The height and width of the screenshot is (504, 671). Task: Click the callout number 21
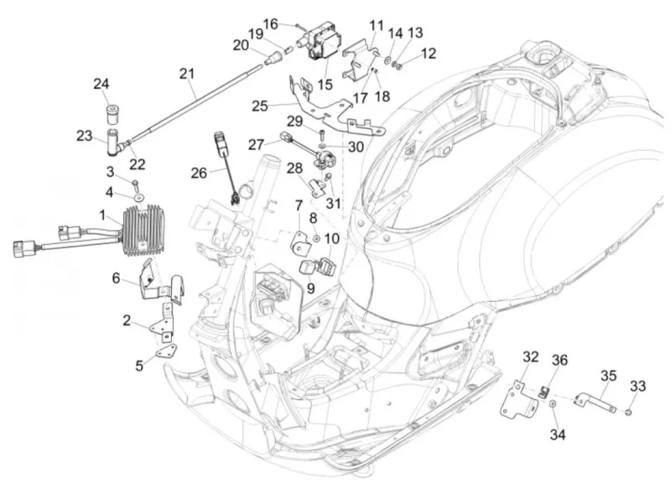(186, 74)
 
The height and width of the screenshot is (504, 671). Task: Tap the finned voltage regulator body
(143, 230)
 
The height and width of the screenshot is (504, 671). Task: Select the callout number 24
(101, 84)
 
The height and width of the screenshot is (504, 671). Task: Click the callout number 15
(325, 85)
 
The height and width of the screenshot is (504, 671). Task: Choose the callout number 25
(260, 106)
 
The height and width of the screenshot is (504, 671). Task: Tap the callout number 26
(199, 173)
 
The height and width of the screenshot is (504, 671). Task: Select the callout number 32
(531, 356)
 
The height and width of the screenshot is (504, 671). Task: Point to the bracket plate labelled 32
(518, 397)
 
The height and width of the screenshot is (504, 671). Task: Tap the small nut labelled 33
(628, 412)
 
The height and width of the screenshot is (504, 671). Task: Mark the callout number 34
(558, 434)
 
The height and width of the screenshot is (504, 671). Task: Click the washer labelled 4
(139, 198)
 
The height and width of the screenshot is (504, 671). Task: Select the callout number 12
(429, 54)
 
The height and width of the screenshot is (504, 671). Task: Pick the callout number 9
(310, 288)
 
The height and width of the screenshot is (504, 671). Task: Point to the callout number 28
(294, 169)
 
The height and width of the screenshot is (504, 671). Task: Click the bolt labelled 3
(136, 184)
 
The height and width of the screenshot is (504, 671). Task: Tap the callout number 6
(116, 278)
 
